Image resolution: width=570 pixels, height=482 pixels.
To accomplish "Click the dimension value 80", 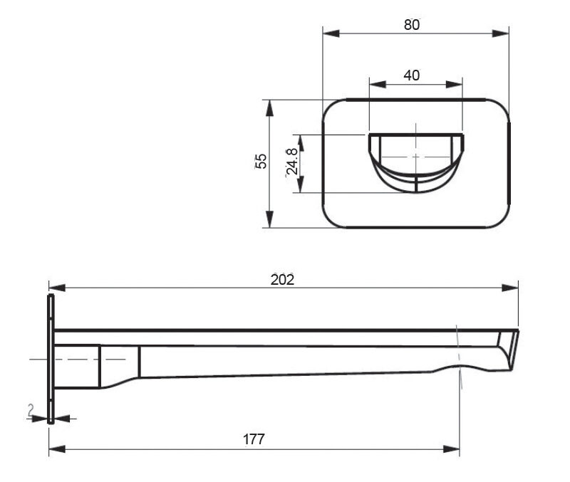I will (x=411, y=24).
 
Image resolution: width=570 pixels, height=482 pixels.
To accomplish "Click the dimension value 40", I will (x=411, y=75).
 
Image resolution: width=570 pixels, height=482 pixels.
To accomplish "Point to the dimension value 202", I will (x=282, y=280).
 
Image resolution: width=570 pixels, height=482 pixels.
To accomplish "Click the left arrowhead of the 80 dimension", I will (x=328, y=33).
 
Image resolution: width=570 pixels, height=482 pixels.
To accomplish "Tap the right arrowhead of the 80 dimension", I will (x=503, y=33).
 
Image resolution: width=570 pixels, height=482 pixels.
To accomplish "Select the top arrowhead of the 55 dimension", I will (x=269, y=105).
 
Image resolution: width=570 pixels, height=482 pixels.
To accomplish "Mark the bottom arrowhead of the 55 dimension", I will (x=269, y=221).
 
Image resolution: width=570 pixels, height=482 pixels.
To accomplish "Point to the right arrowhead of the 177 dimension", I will (x=453, y=449).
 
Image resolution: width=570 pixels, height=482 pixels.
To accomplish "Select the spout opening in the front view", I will (x=415, y=160).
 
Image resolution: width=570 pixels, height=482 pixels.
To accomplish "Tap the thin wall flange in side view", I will (x=51, y=360).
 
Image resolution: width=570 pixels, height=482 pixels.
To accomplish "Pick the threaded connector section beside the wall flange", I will (x=78, y=365).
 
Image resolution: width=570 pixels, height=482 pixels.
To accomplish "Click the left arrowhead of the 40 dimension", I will (x=375, y=84).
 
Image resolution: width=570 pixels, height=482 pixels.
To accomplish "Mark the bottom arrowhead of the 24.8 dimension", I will (x=301, y=187).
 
